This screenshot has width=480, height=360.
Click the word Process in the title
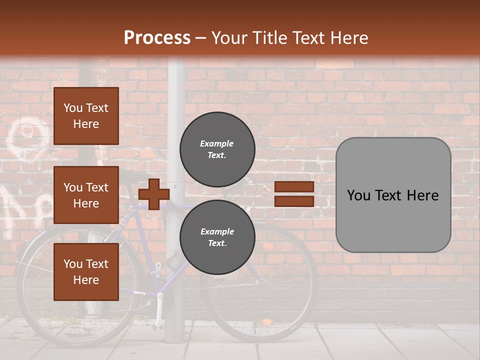157,37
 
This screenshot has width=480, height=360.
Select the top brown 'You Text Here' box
86,116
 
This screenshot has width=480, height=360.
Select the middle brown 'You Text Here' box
86,195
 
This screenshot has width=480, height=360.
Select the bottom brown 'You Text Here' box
86,272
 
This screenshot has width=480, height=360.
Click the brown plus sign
154,194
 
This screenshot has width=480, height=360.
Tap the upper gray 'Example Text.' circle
217,149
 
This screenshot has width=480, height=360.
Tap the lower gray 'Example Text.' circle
217,237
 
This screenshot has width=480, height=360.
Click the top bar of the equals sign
294,186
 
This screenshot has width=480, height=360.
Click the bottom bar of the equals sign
294,201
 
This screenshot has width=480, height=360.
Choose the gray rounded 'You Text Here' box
393,195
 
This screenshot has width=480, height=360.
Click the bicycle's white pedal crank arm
160,310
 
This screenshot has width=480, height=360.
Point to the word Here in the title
346,37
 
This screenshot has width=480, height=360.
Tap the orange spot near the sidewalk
267,321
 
